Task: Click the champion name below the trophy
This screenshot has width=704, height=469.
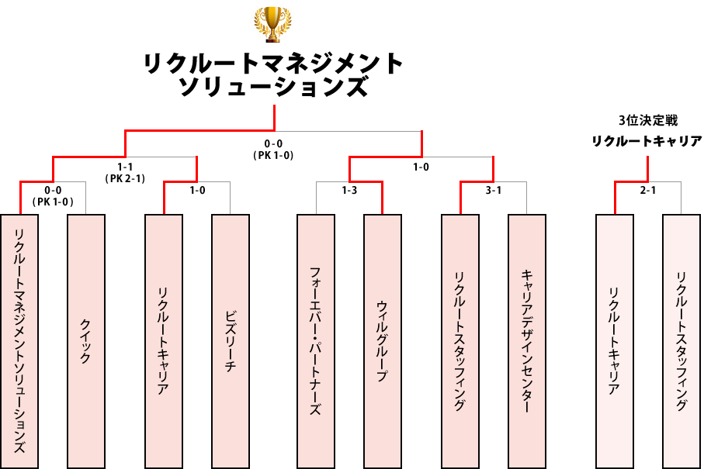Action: click(x=274, y=75)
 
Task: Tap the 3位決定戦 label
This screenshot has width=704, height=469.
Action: click(x=647, y=120)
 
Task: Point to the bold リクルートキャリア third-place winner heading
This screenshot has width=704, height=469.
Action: click(x=647, y=141)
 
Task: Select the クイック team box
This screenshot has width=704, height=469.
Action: click(x=86, y=341)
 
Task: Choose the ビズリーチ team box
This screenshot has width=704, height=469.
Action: click(x=231, y=341)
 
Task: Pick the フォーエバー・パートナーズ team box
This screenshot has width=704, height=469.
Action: click(x=316, y=341)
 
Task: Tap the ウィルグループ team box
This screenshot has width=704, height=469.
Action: click(x=383, y=341)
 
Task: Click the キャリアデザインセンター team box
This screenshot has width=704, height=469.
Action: click(x=527, y=341)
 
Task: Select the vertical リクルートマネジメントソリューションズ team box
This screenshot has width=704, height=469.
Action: click(x=19, y=341)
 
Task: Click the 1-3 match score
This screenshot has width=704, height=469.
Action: click(x=349, y=190)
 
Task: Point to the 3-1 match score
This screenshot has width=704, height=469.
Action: click(x=494, y=190)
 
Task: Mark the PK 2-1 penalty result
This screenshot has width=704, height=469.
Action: click(x=124, y=178)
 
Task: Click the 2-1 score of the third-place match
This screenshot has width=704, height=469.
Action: click(x=648, y=190)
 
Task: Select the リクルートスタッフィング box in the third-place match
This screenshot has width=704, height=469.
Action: click(x=681, y=341)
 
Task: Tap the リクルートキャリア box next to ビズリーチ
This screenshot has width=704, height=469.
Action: click(x=164, y=341)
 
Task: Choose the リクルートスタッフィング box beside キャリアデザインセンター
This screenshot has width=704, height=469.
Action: click(x=460, y=341)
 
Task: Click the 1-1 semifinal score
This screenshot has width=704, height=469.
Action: click(x=124, y=167)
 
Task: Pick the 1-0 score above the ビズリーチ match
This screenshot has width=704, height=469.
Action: click(x=197, y=190)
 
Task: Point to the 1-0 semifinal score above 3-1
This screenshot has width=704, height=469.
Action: click(x=421, y=167)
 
